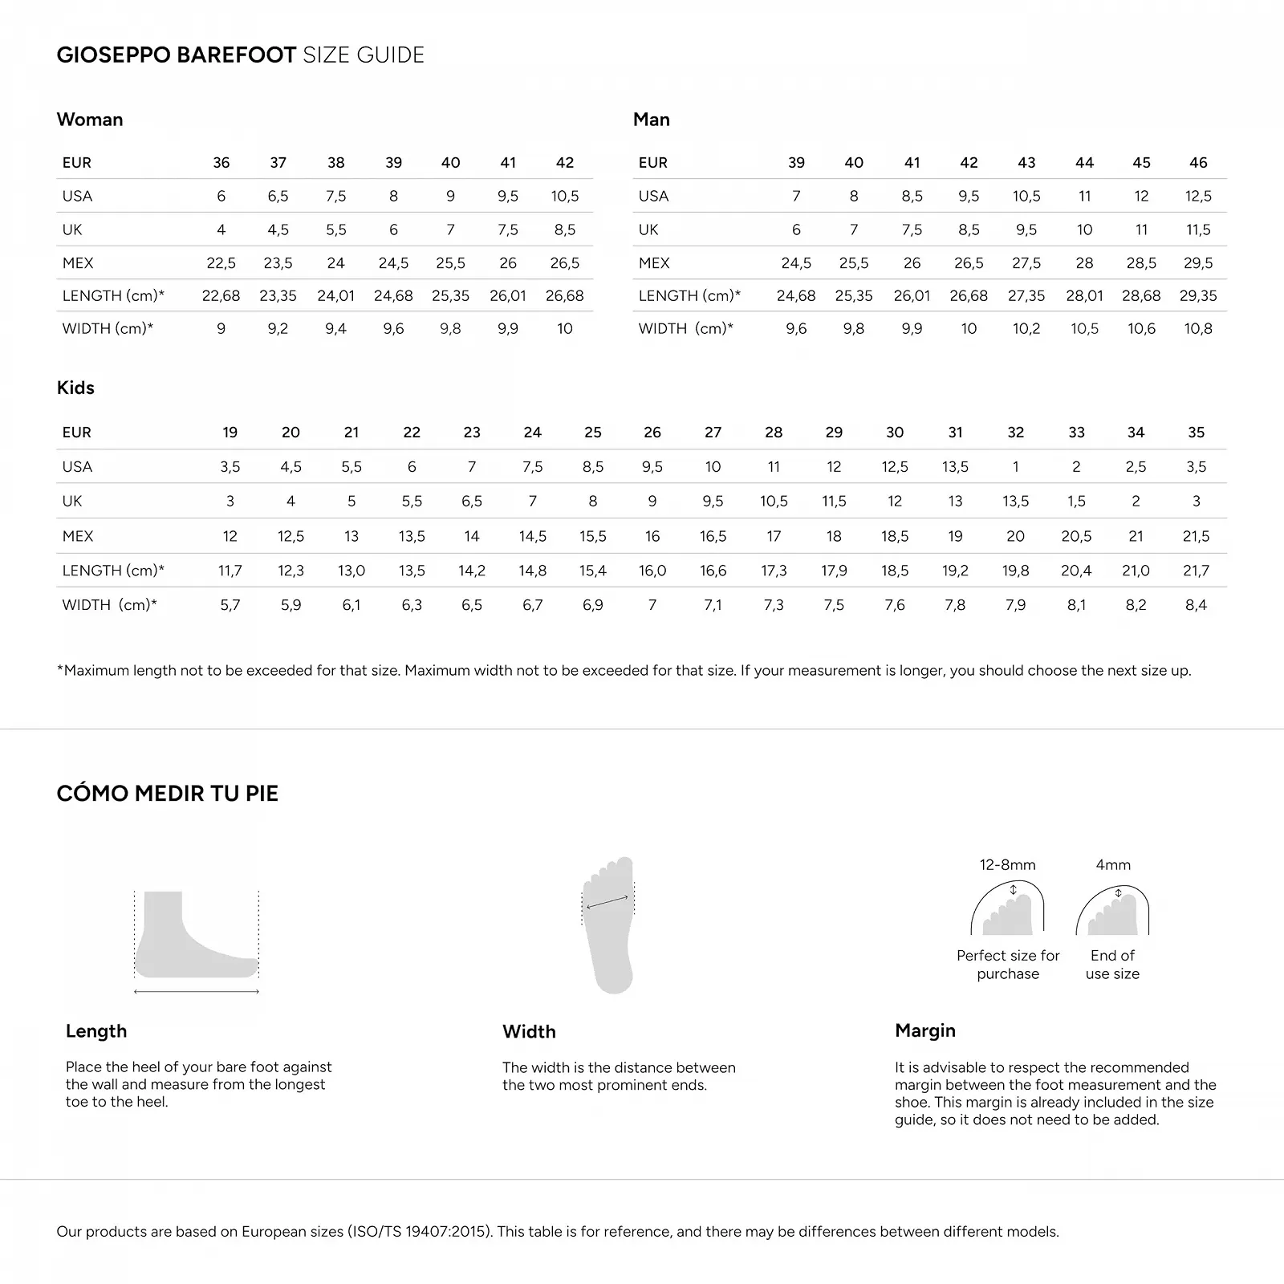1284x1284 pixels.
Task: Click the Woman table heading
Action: click(x=90, y=120)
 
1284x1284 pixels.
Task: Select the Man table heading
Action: click(x=651, y=120)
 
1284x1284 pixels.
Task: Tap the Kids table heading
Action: click(x=75, y=388)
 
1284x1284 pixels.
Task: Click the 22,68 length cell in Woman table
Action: click(x=221, y=295)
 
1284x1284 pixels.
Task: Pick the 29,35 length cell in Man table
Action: click(x=1198, y=295)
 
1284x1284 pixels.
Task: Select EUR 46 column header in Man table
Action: click(x=1198, y=163)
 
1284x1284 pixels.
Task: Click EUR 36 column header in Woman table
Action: click(x=221, y=163)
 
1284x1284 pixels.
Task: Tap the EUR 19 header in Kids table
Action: click(x=230, y=433)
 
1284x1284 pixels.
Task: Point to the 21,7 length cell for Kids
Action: click(x=1196, y=571)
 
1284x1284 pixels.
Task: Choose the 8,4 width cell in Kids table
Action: click(x=1196, y=605)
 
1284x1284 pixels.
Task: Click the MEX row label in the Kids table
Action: click(x=78, y=536)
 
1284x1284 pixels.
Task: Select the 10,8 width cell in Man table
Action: click(x=1198, y=328)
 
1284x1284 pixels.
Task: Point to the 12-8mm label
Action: click(x=1007, y=865)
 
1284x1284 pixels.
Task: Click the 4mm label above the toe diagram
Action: click(x=1113, y=865)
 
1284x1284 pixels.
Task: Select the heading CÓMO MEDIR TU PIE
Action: click(x=167, y=794)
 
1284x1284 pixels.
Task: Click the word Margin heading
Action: click(x=925, y=1030)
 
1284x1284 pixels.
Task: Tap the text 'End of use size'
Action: click(x=1112, y=965)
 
